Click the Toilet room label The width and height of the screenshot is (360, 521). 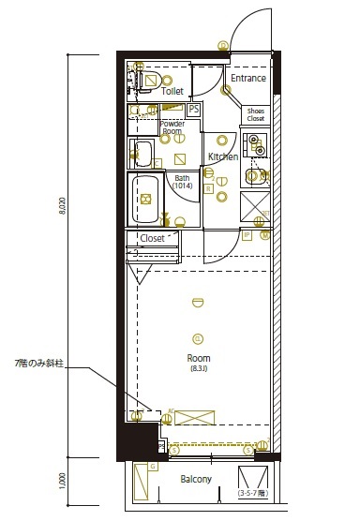coord(172,92)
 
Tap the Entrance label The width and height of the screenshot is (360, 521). coord(248,79)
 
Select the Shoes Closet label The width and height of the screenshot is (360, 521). coord(256,114)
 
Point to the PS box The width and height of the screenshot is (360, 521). coord(193,110)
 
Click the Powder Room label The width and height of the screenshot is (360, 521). coord(172,127)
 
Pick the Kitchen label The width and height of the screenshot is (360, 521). coord(222,156)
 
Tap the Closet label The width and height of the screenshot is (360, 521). coord(152,238)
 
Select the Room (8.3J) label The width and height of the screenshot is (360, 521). coord(198,363)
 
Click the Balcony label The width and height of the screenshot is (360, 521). coord(196,480)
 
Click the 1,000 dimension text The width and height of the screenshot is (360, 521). coord(63,481)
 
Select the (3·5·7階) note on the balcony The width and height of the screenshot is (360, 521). coord(252,493)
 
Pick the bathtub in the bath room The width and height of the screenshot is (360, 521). coord(147,199)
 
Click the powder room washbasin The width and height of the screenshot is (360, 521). coord(144,152)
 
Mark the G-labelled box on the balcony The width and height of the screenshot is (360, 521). coord(143,480)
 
